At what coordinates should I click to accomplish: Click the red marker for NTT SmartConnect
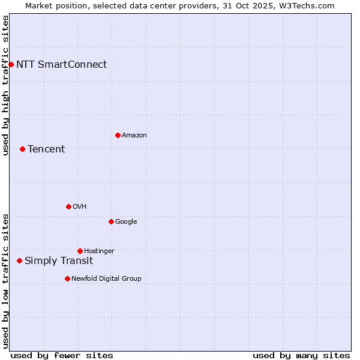(11, 64)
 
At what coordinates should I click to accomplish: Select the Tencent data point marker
(22, 149)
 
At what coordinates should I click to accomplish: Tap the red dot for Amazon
(118, 135)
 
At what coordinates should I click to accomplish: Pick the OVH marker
(68, 206)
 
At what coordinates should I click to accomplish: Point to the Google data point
(111, 221)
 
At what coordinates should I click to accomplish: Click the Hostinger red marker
(80, 251)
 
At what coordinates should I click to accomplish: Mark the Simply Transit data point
(19, 260)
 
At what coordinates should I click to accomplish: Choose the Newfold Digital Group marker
(67, 278)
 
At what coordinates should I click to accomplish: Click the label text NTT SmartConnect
(61, 64)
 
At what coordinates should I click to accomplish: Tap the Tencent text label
(46, 149)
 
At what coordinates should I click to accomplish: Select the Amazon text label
(134, 135)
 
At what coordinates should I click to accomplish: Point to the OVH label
(80, 206)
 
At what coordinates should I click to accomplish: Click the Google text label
(126, 221)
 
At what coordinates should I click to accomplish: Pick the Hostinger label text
(99, 251)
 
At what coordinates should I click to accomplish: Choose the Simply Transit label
(59, 260)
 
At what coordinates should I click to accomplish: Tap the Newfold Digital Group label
(106, 278)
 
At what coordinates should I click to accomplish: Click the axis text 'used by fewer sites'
(62, 355)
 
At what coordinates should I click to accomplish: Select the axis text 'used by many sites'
(301, 355)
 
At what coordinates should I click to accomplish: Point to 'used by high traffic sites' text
(5, 85)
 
